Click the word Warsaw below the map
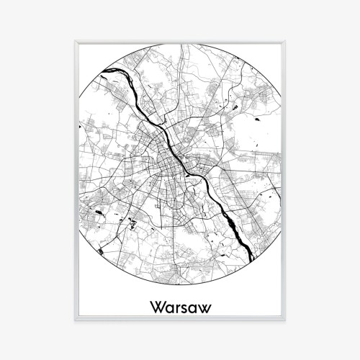click(x=179, y=306)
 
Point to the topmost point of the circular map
click(x=179, y=43)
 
